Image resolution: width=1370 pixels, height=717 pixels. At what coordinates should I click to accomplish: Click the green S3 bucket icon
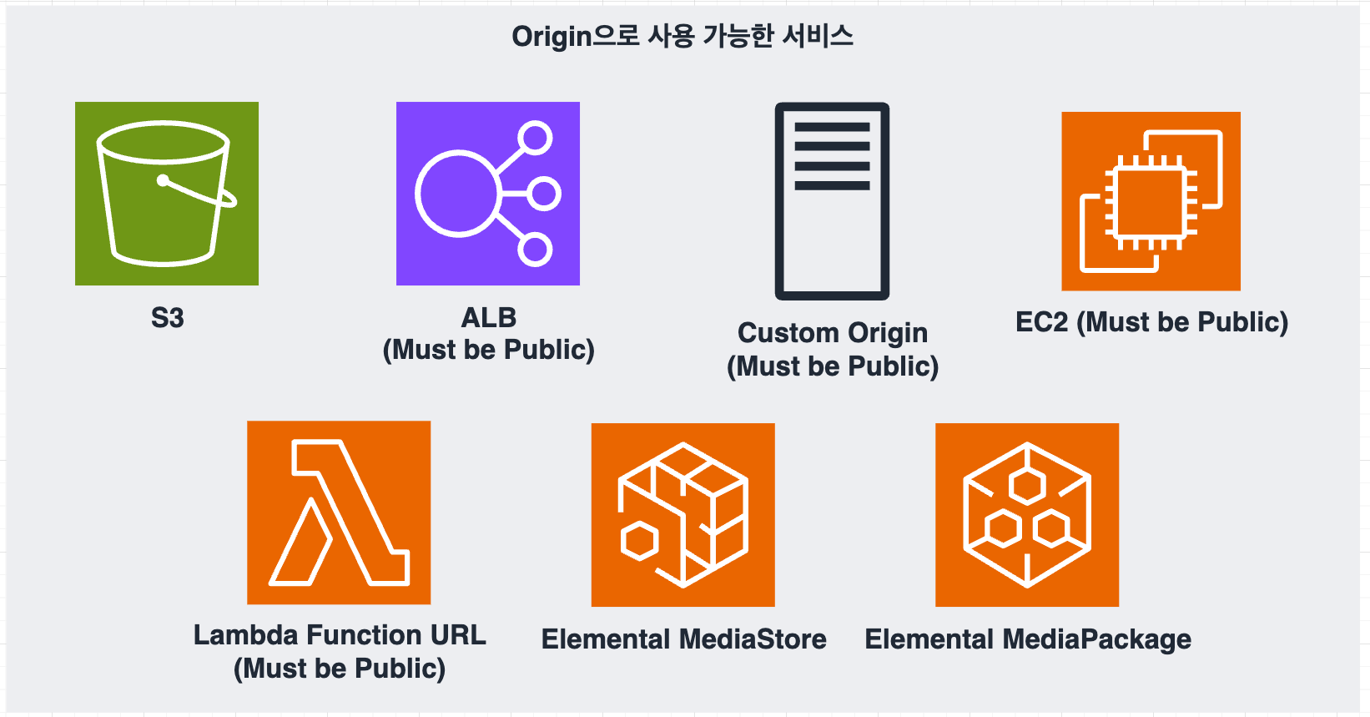pyautogui.click(x=167, y=194)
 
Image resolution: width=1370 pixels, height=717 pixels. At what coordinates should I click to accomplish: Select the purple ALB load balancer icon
pyautogui.click(x=488, y=194)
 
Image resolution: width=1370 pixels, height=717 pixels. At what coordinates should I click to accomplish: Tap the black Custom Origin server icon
pyautogui.click(x=832, y=201)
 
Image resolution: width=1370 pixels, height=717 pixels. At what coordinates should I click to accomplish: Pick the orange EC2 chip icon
pyautogui.click(x=1151, y=201)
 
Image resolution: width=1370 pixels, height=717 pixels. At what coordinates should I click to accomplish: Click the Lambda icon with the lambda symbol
pyautogui.click(x=339, y=513)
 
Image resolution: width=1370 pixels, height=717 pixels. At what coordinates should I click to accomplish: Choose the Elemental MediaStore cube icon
pyautogui.click(x=682, y=515)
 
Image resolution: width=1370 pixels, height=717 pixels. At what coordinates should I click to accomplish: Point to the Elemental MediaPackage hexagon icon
pyautogui.click(x=1027, y=515)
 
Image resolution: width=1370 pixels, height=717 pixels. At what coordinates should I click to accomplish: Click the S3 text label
pyautogui.click(x=167, y=318)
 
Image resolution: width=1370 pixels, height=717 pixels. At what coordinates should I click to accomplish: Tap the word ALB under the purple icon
pyautogui.click(x=489, y=318)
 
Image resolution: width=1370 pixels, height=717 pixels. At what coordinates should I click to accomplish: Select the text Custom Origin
pyautogui.click(x=833, y=333)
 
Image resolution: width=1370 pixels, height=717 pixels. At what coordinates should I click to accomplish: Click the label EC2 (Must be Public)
pyautogui.click(x=1151, y=322)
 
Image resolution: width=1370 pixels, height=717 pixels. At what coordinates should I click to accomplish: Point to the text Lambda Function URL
pyautogui.click(x=340, y=635)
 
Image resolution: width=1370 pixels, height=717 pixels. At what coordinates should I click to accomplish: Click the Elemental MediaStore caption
pyautogui.click(x=683, y=639)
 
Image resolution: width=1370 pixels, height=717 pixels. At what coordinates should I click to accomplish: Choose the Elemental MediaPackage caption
pyautogui.click(x=1028, y=639)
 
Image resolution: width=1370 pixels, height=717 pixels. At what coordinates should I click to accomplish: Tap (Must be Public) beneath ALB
pyautogui.click(x=489, y=350)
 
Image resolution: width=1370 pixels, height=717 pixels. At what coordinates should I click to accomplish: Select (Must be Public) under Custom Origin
pyautogui.click(x=833, y=366)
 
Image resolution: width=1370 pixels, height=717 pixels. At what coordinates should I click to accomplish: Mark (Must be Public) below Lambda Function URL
pyautogui.click(x=340, y=669)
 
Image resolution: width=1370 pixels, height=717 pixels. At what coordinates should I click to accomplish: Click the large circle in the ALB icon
pyautogui.click(x=456, y=194)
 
